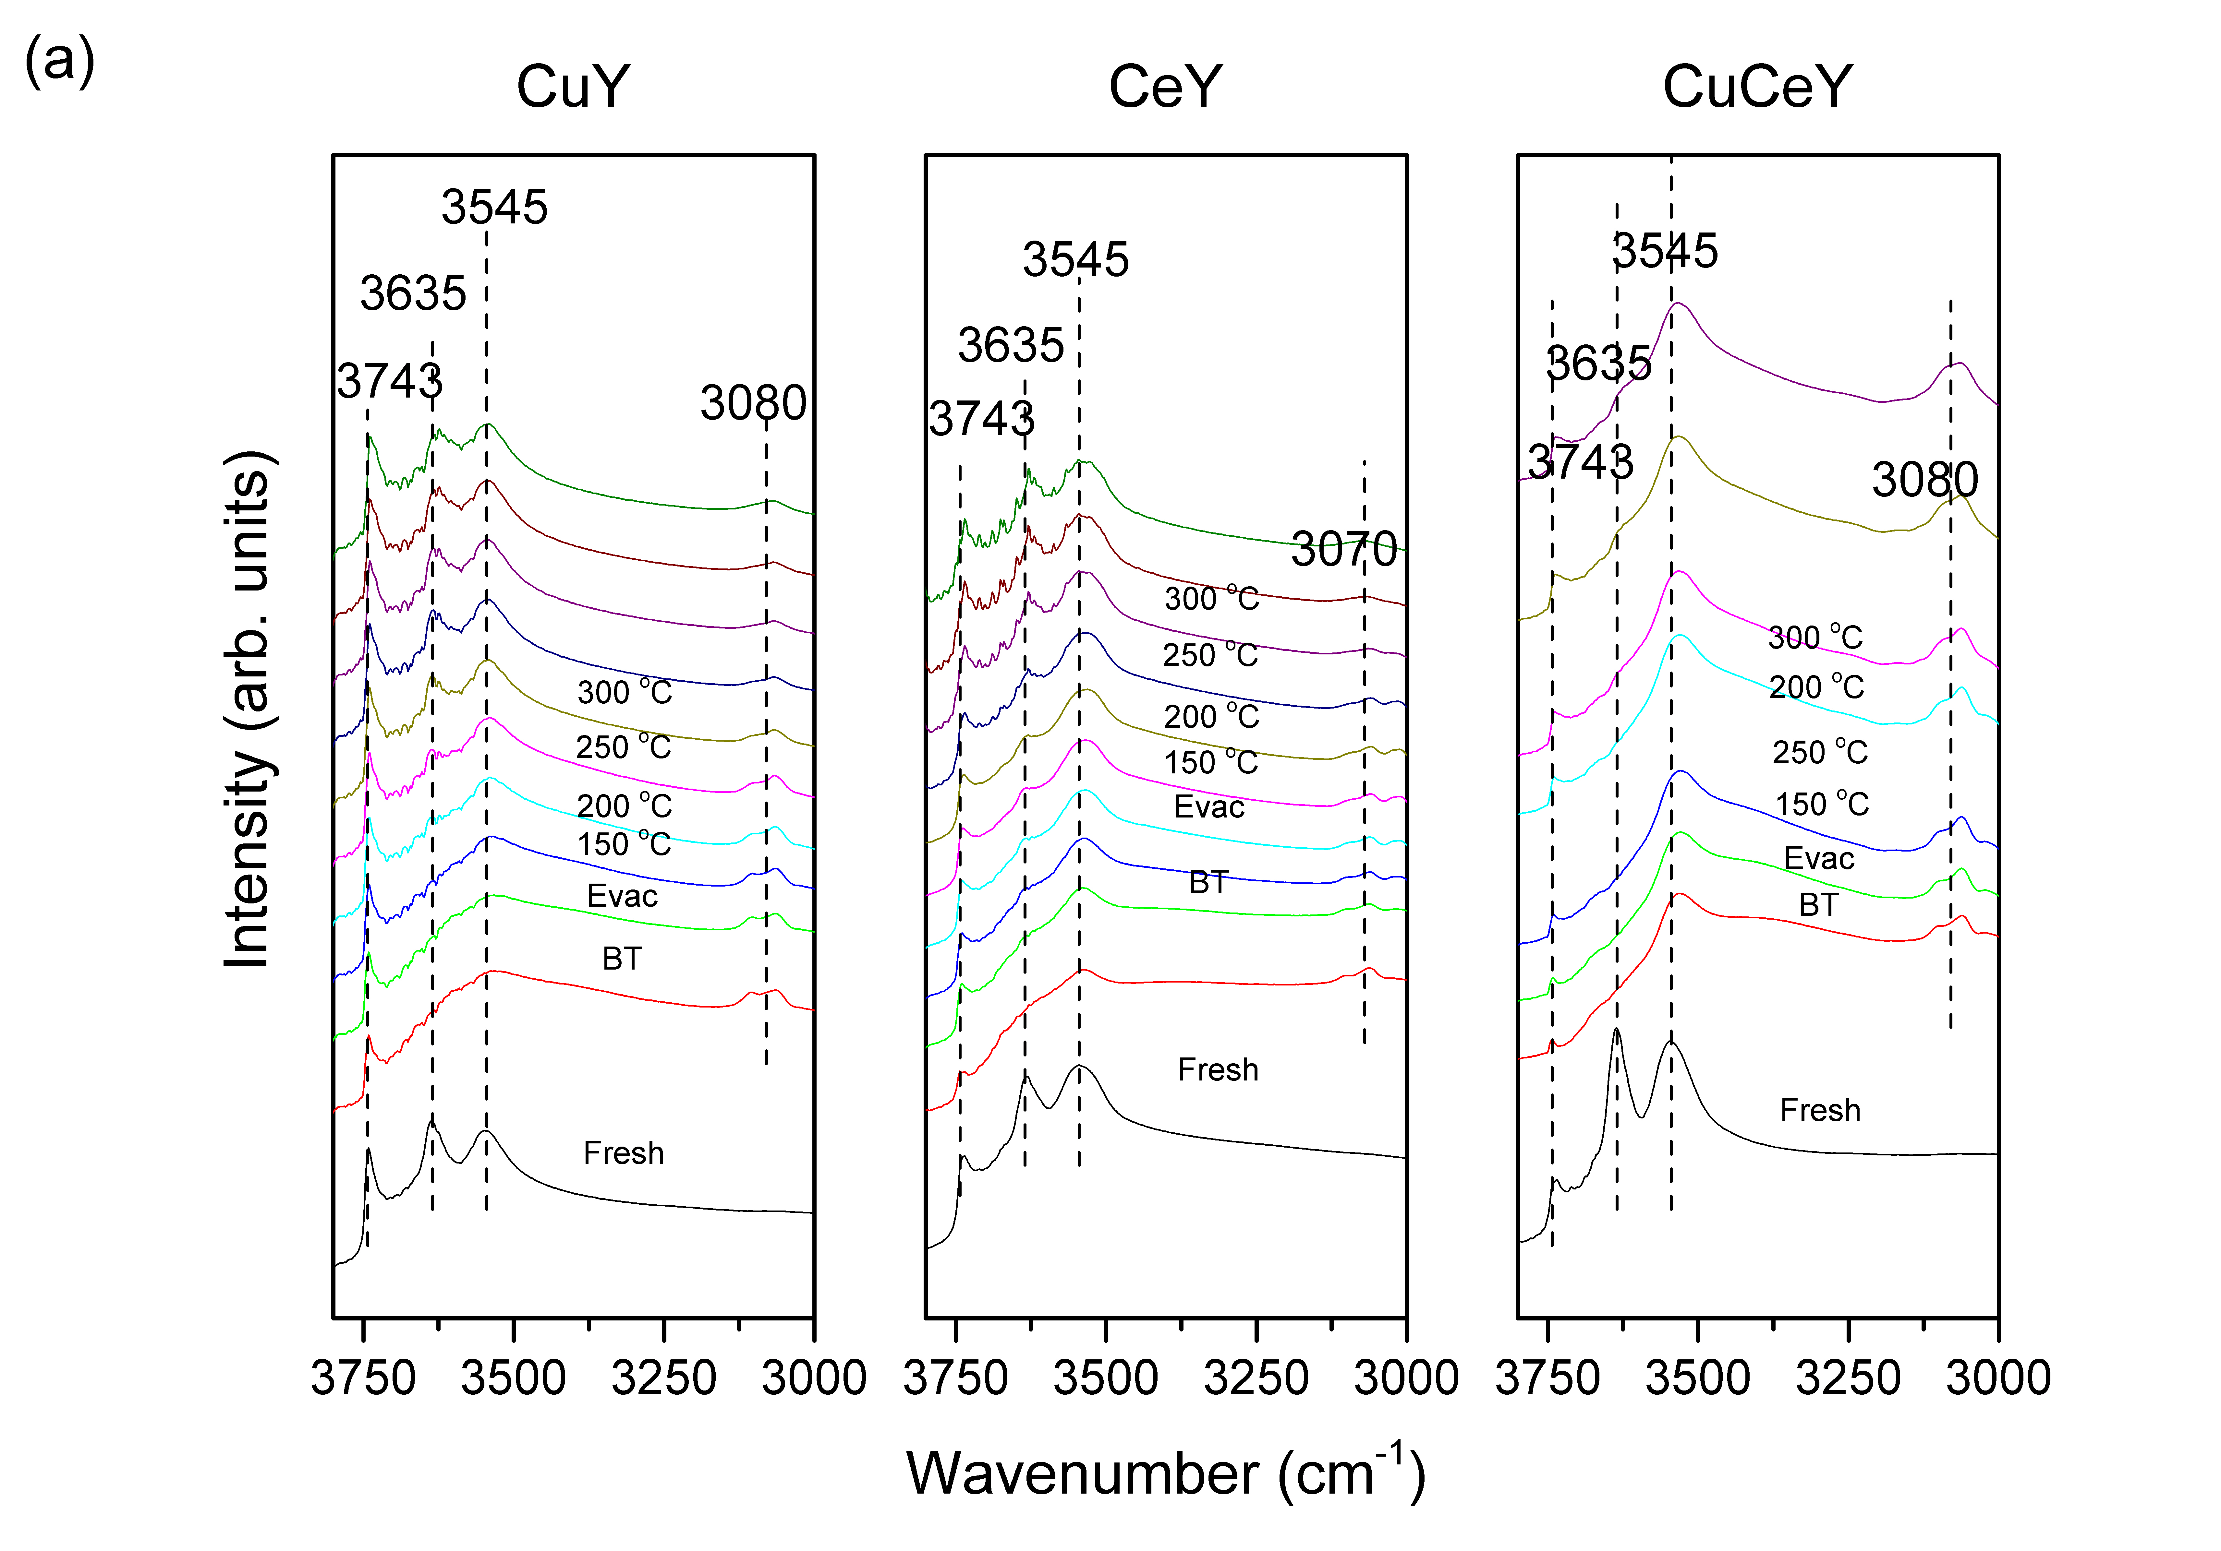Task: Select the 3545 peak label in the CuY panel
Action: pos(494,207)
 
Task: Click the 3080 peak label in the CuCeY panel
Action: pos(1925,480)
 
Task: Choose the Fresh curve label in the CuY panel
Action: pos(624,1153)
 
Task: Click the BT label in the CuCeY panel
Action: pos(1819,905)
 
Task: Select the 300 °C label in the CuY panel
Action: pos(624,692)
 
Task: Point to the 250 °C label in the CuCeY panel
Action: pos(1820,752)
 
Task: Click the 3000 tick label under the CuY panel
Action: pos(814,1378)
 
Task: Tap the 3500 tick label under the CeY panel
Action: pos(1106,1378)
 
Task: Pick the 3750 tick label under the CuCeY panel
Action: pos(1548,1378)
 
